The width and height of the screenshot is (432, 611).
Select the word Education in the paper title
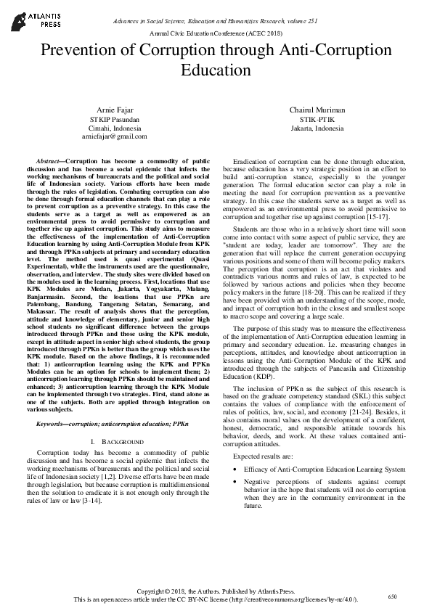click(x=216, y=70)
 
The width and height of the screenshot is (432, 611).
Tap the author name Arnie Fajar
click(x=114, y=109)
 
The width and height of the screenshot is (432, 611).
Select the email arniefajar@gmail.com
click(x=114, y=136)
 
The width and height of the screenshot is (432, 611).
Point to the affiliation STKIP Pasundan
click(x=114, y=118)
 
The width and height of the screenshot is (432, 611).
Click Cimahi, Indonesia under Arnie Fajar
click(x=114, y=127)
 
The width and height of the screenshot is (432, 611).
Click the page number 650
click(x=392, y=596)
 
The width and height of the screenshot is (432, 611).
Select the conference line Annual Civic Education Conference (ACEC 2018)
click(x=216, y=34)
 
